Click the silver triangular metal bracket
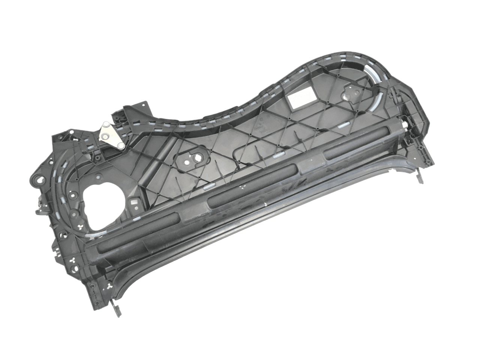(111, 135)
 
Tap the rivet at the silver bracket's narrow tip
(121, 146)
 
